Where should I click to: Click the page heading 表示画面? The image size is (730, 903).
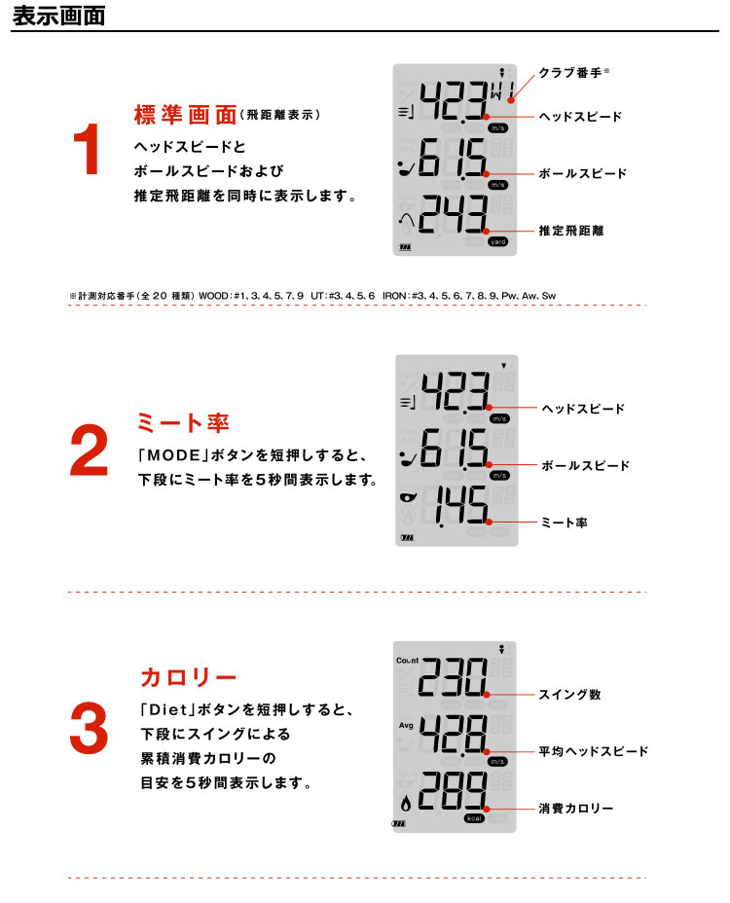coord(58,16)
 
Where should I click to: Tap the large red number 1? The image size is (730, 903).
coord(88,149)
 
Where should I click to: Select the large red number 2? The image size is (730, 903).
coord(89,450)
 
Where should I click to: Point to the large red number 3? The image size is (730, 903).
coord(89,728)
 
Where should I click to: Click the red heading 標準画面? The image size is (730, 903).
coord(186,115)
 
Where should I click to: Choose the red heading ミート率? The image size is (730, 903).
coord(183,422)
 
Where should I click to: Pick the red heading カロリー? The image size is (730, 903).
coord(189,677)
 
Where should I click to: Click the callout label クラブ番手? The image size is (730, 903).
coord(570,73)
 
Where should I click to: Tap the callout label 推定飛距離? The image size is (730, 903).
coord(571,231)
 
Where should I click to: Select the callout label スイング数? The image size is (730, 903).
coord(569,695)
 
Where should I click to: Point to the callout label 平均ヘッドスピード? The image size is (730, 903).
coord(594,751)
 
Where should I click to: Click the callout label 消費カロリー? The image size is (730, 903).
coord(576,809)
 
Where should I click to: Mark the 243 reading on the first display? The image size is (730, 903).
coord(454,214)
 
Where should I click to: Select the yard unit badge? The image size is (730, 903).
coord(497,242)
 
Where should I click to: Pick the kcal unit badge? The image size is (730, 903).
coord(474,818)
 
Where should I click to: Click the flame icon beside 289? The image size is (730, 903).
coord(406,804)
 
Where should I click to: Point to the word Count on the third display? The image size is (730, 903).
coord(408,661)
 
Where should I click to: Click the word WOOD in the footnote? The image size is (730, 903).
coord(214,296)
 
